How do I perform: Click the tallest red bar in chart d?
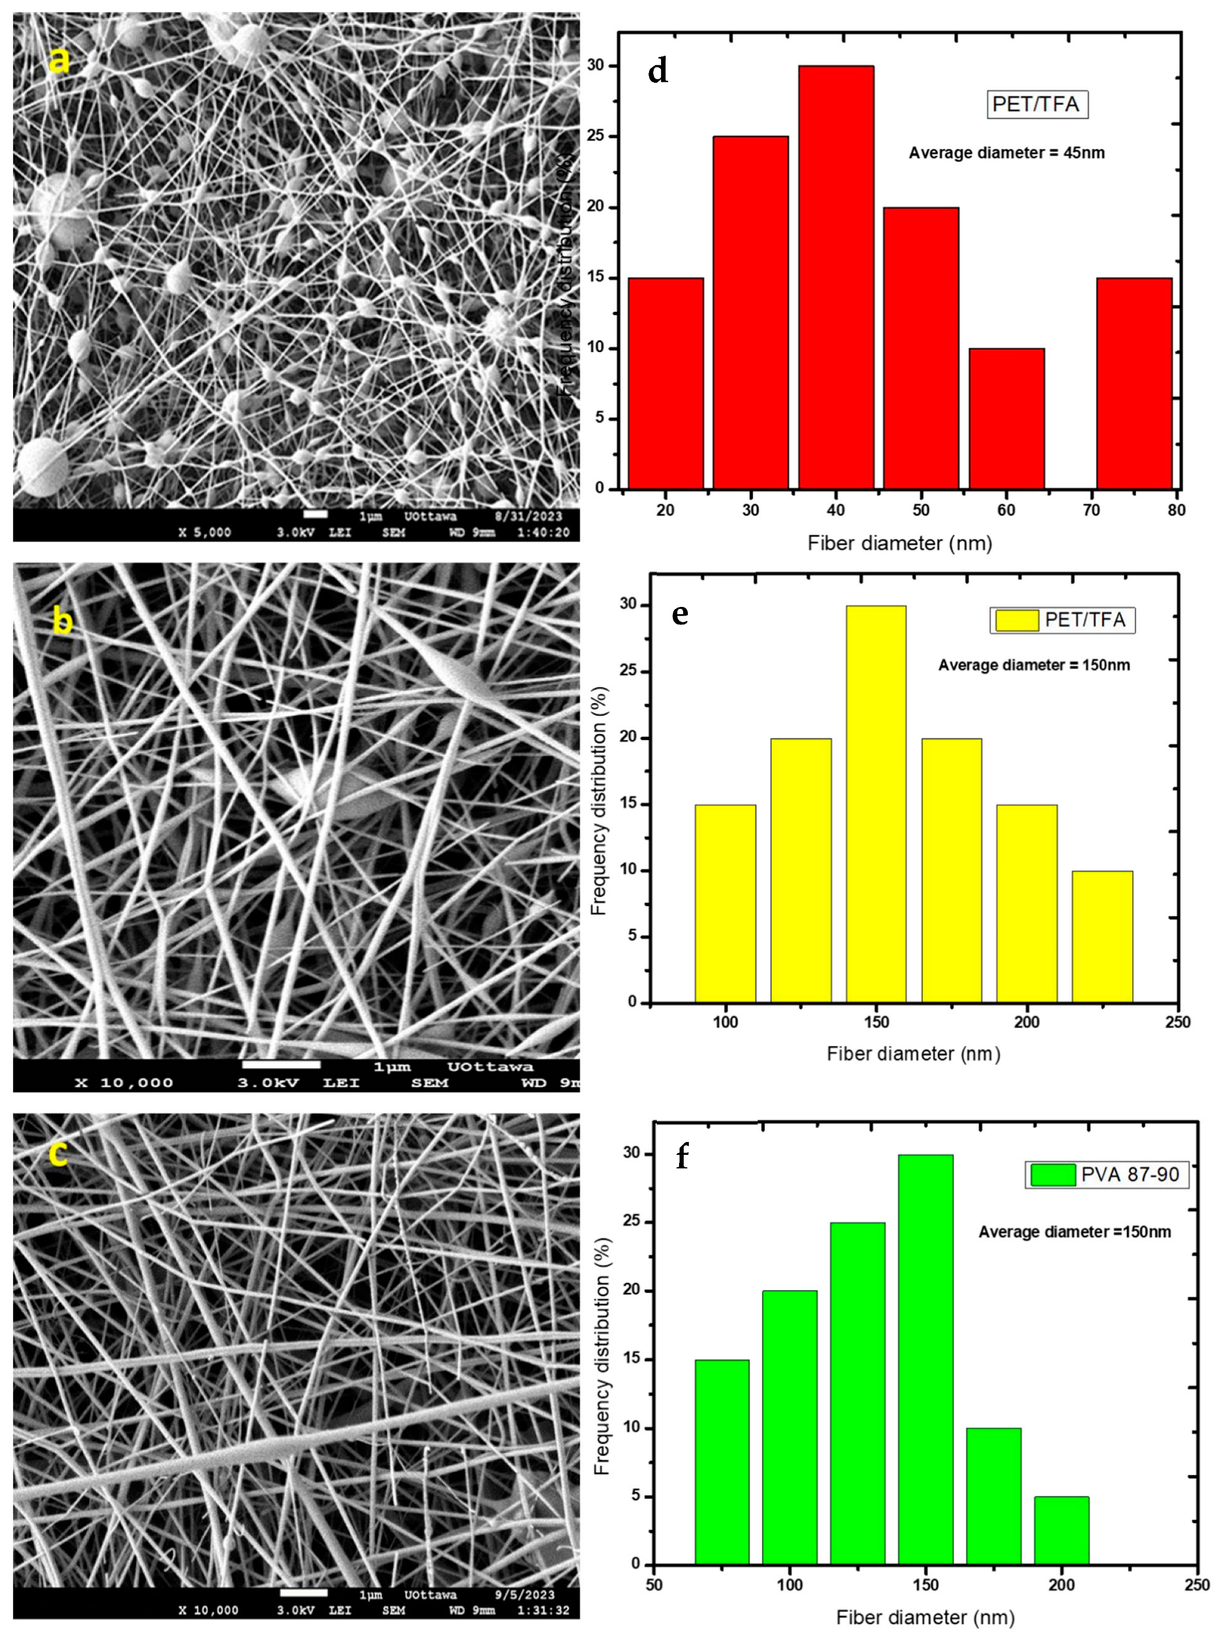point(836,277)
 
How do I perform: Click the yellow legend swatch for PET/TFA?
point(1016,620)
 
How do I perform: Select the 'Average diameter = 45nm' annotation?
point(1006,154)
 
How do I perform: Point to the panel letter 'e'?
point(680,614)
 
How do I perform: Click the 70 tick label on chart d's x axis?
point(1091,510)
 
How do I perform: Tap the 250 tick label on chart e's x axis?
point(1178,1022)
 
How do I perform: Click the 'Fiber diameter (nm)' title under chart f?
point(925,1618)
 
